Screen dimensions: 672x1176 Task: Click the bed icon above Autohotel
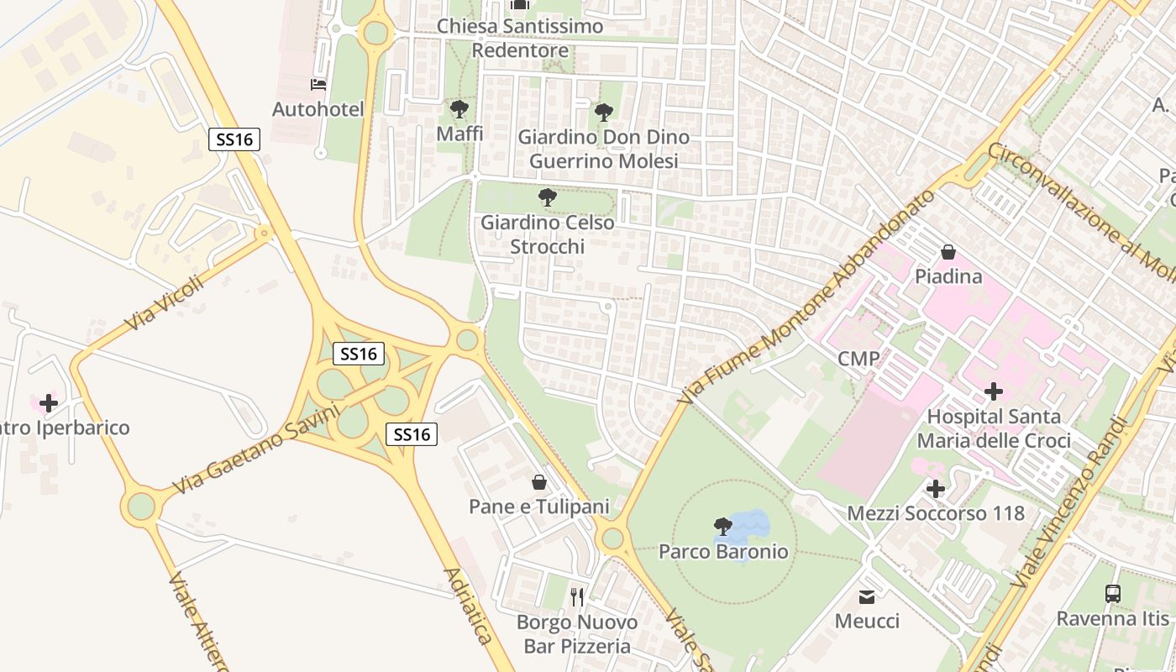[x=318, y=85]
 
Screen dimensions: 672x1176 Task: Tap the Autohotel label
[x=318, y=109]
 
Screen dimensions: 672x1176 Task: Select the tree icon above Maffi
[x=459, y=109]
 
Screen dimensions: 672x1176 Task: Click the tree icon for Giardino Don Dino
[x=603, y=113]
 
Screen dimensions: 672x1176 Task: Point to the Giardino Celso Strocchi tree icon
[x=548, y=198]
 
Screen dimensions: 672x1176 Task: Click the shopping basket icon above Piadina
[x=948, y=252]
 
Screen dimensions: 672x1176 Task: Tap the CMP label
[x=858, y=360]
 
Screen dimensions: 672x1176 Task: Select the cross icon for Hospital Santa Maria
[x=994, y=391]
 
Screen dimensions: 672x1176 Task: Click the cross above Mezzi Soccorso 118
[x=936, y=489]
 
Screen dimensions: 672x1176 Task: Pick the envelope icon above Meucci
[x=867, y=597]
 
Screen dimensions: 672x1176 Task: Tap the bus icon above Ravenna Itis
[x=1113, y=594]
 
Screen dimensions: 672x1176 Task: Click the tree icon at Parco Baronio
[x=722, y=527]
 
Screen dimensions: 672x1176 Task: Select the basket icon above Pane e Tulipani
[x=539, y=482]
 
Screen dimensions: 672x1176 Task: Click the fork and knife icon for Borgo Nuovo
[x=577, y=597]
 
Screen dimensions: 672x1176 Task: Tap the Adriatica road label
[x=467, y=606]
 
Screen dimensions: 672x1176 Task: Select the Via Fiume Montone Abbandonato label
[x=806, y=297]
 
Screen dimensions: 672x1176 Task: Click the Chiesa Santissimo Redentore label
[x=520, y=39]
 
